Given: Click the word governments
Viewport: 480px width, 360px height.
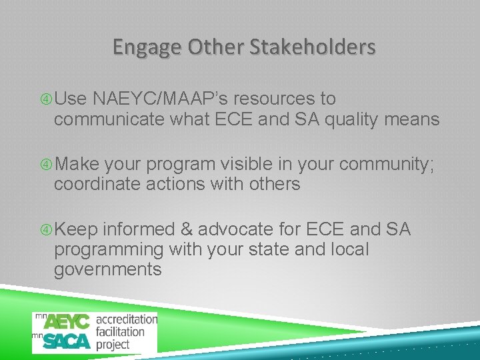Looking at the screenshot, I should pos(107,269).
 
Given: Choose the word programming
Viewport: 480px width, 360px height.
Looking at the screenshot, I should pos(109,249).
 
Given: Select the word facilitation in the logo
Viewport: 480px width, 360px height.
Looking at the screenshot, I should pos(120,331).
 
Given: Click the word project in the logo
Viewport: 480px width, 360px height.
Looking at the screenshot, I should pos(113,344).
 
